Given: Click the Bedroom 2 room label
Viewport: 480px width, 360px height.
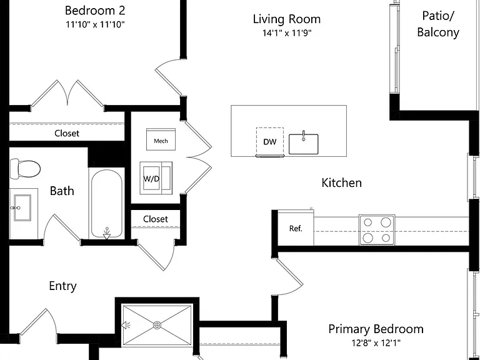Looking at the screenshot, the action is [x=95, y=11].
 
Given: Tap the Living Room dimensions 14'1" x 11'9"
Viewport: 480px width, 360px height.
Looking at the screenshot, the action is [x=287, y=32].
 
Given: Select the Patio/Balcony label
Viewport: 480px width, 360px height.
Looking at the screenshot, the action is [x=438, y=24].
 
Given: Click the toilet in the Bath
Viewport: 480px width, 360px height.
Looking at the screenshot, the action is [x=25, y=168].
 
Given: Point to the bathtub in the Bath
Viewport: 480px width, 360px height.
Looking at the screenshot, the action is [x=107, y=204].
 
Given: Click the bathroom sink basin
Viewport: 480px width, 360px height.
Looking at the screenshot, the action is [x=22, y=207].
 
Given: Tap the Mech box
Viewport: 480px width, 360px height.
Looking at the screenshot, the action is [x=161, y=139].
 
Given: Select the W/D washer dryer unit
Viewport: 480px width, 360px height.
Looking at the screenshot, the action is [x=156, y=178].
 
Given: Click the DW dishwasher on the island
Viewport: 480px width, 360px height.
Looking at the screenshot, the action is [x=270, y=142].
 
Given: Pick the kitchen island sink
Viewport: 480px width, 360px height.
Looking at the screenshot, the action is [x=303, y=144].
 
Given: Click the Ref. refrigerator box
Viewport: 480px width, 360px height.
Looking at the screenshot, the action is [x=296, y=227].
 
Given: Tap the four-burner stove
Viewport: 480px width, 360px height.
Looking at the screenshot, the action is [x=377, y=229].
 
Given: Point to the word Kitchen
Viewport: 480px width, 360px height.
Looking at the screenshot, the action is [x=341, y=182].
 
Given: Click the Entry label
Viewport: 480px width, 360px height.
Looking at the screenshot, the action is [x=62, y=286].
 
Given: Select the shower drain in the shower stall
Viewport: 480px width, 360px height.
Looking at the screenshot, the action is [x=157, y=325].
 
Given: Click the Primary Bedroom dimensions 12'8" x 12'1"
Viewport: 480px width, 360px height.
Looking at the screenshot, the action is [x=376, y=343].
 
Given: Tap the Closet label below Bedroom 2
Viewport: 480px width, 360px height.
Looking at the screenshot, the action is [x=67, y=134].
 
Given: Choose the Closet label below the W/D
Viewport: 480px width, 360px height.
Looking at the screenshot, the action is [x=156, y=219].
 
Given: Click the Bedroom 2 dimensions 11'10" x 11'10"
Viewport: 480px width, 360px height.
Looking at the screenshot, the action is [x=95, y=24].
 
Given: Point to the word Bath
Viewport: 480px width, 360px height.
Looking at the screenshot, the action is [x=62, y=191].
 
